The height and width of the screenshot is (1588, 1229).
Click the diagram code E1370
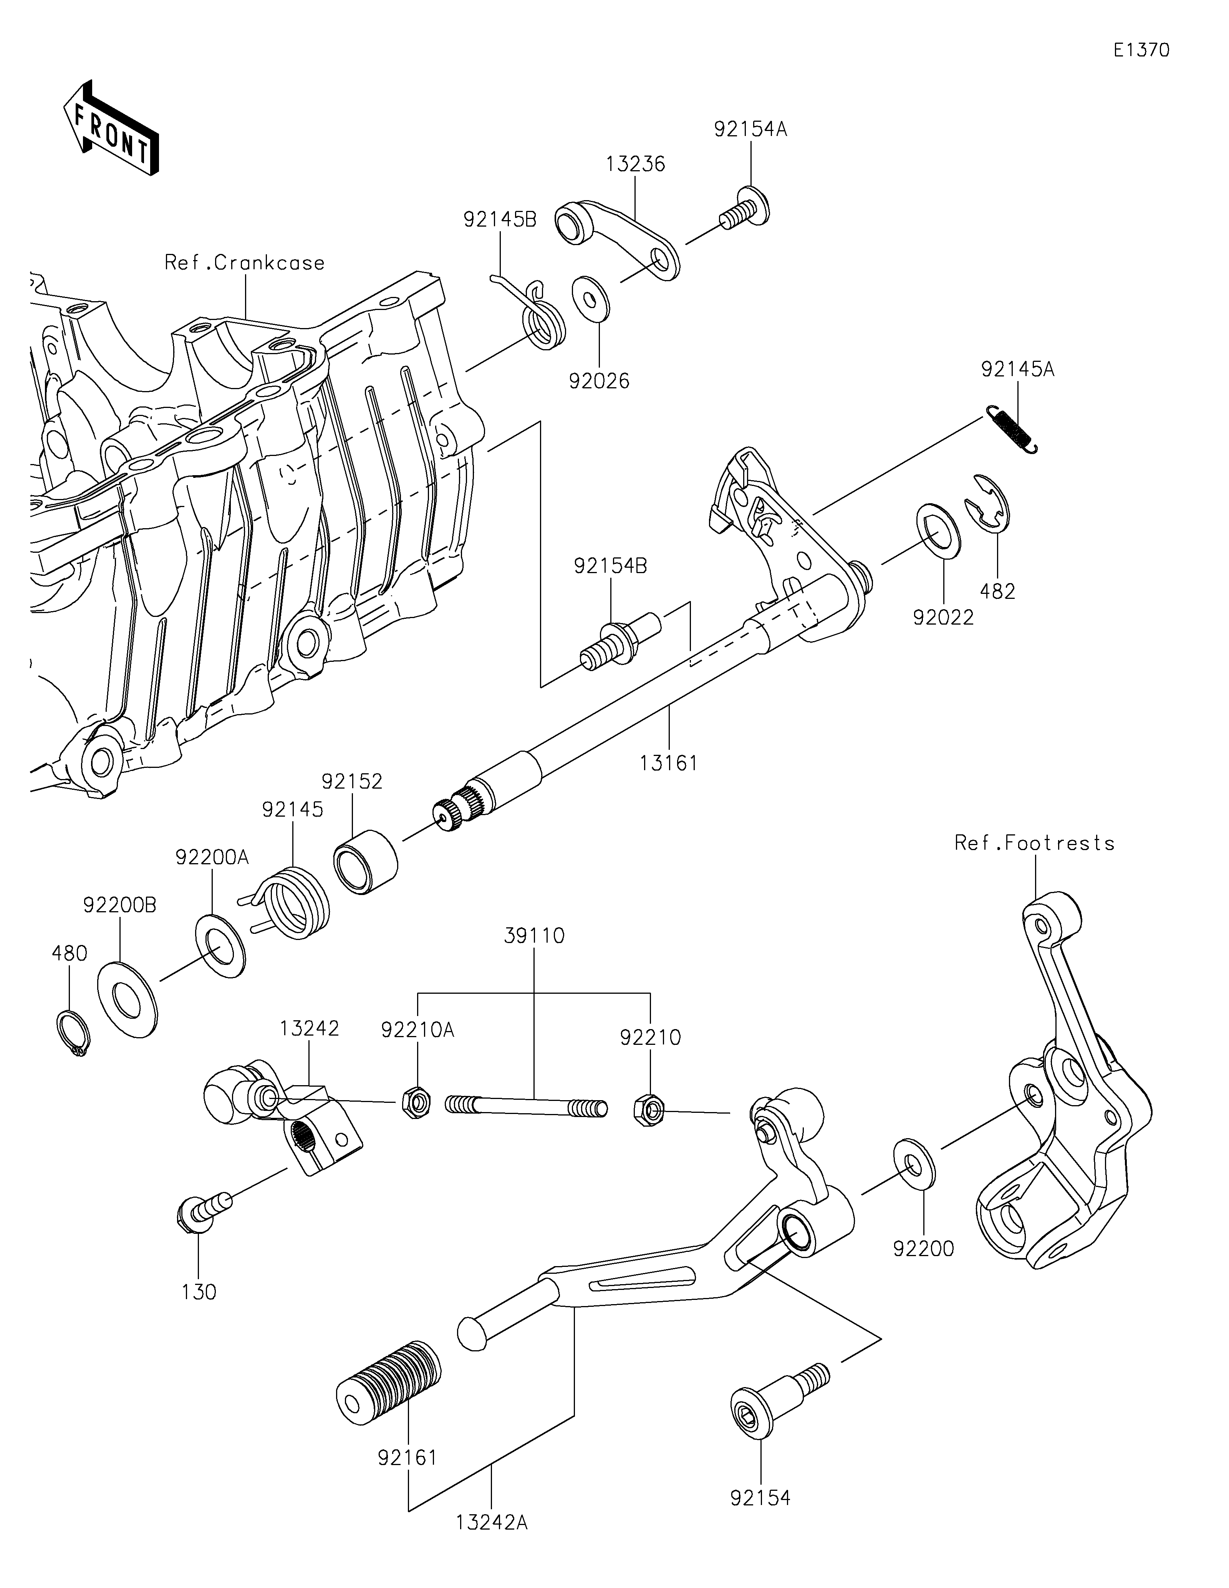click(x=1141, y=50)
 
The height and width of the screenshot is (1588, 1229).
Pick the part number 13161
click(x=669, y=763)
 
